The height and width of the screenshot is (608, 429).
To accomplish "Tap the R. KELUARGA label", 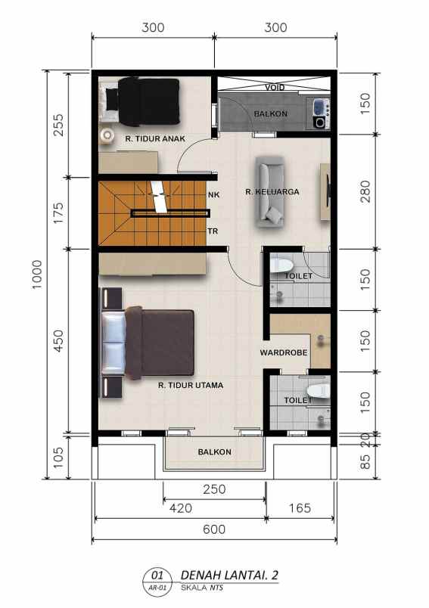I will pos(272,191).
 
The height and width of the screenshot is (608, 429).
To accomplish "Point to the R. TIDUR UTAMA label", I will pos(190,385).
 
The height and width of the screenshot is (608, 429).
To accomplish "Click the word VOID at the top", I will pos(275,88).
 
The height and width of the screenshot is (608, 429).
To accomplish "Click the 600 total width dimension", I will pos(214,529).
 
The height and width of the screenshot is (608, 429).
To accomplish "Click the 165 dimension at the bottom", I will pos(300,508).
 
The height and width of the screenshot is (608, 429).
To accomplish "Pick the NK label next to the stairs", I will pos(213,194).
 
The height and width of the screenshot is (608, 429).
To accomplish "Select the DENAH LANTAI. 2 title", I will pos(230,575).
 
